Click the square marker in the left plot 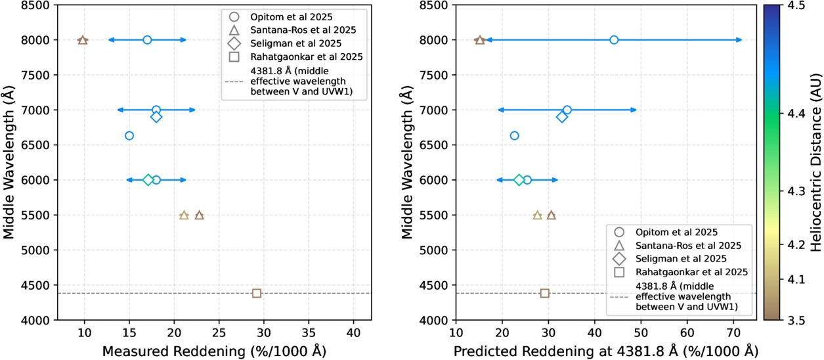[x=257, y=293]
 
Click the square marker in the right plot [x=544, y=293]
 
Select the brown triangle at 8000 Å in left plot [x=83, y=40]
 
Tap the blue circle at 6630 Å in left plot [x=129, y=135]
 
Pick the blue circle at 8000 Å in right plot [x=614, y=40]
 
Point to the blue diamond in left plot [x=156, y=117]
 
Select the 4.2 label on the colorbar [x=798, y=244]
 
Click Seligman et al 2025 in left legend [x=308, y=43]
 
